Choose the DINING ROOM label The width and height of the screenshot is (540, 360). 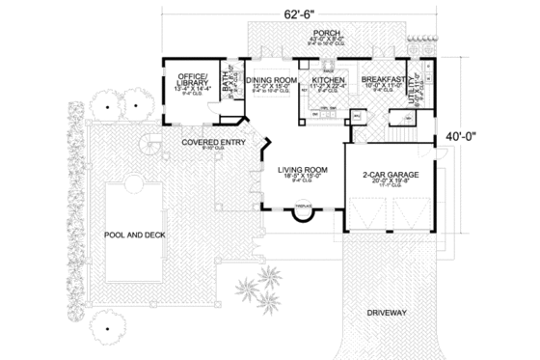[269, 81]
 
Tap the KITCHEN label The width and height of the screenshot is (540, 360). [323, 81]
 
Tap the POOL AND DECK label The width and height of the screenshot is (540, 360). [139, 234]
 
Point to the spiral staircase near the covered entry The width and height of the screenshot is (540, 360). [148, 145]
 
